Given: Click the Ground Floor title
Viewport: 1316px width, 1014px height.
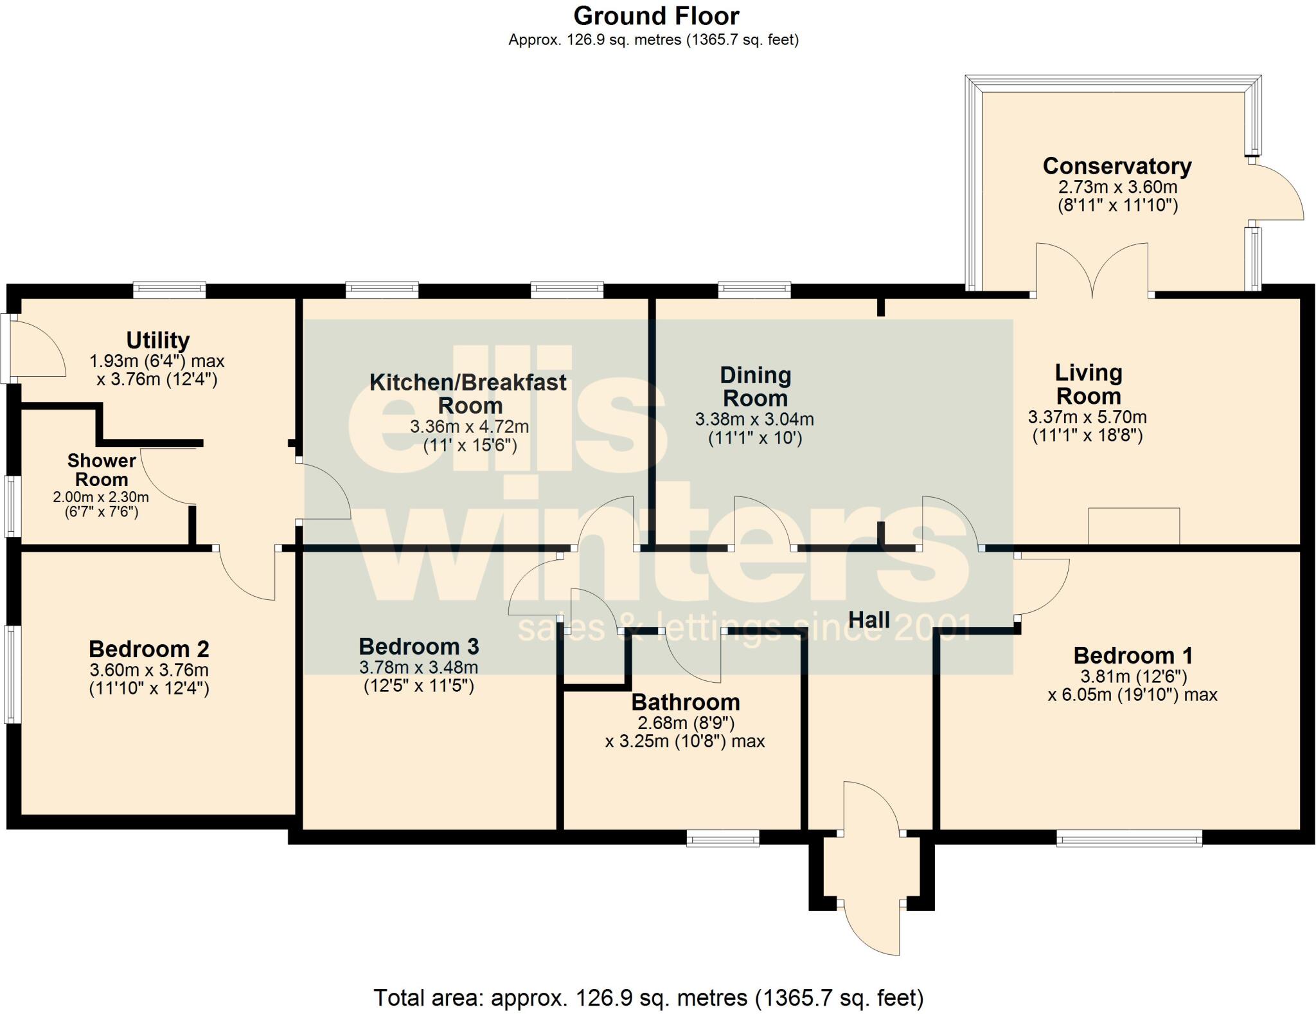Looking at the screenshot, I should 656,16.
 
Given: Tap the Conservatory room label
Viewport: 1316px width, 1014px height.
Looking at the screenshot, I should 1117,166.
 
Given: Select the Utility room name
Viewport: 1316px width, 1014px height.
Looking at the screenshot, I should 157,340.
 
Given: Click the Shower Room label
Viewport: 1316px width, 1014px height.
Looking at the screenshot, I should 102,470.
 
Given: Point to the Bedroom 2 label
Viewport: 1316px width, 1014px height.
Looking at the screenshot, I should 148,649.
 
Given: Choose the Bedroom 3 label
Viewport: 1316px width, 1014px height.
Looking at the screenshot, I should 418,646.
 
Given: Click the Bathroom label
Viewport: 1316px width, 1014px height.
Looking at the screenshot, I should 685,702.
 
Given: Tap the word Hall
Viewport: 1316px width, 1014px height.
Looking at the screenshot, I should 869,620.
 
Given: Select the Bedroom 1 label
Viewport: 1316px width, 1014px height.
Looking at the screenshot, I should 1132,656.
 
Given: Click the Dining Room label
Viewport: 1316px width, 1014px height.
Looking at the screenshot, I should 755,386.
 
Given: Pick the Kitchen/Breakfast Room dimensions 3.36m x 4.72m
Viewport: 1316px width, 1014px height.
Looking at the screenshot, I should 470,426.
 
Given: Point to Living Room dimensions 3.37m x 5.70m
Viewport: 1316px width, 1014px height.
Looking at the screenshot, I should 1087,417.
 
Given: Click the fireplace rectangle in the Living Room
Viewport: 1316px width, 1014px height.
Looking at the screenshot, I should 1134,526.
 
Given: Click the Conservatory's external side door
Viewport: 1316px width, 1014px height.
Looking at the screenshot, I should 1276,193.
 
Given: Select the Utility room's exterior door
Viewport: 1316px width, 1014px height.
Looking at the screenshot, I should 39,348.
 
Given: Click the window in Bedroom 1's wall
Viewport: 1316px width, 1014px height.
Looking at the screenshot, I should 1129,838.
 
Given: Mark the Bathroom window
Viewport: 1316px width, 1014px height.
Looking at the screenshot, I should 723,838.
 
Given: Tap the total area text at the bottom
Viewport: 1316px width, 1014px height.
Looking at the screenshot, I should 648,997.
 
